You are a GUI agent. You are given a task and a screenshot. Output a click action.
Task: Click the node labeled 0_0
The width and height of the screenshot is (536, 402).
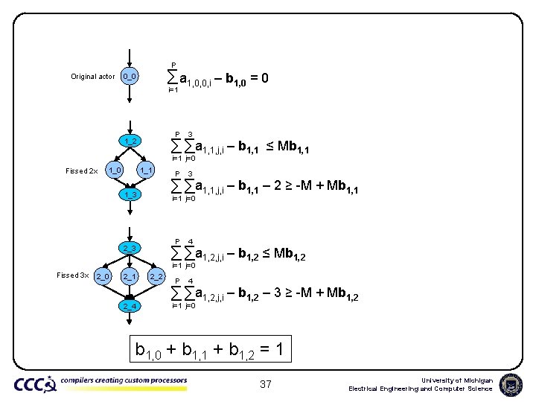pos(130,76)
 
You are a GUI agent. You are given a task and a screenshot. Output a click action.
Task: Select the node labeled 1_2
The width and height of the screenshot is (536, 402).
pos(130,141)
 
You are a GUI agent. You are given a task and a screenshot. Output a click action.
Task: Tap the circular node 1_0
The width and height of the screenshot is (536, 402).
pos(114,170)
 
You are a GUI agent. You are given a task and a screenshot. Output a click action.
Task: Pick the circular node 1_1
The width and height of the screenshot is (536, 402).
pos(147,170)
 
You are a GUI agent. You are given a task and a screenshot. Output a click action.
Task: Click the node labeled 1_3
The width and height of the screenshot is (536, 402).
pos(130,194)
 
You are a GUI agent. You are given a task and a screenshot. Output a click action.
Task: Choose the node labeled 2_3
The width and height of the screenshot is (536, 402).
pos(130,247)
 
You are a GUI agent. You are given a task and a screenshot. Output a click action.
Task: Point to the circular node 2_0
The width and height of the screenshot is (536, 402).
pos(103,277)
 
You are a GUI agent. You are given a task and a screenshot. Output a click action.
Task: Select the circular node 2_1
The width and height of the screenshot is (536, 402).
pos(130,277)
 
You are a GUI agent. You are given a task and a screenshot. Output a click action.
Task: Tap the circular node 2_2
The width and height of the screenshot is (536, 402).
pos(156,277)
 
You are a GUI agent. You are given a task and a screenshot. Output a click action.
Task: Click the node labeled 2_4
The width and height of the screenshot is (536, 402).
pos(130,305)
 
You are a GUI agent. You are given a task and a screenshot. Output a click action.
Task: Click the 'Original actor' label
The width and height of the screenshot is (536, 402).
pos(93,77)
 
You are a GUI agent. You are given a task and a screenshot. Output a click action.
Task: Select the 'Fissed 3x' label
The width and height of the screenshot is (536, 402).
pos(73,275)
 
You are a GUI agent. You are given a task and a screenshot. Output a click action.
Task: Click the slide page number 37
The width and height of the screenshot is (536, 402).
pos(266,384)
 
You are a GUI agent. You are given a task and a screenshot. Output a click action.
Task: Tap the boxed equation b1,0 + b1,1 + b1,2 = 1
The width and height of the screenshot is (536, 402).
pos(208,348)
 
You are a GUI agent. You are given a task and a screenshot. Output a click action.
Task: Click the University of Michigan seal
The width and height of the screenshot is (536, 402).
pos(511,384)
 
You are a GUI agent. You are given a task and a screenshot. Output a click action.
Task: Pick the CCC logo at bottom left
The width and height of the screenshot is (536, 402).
pos(35,384)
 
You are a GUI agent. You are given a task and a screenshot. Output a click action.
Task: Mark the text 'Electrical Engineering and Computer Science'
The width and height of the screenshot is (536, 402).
pos(421,389)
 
